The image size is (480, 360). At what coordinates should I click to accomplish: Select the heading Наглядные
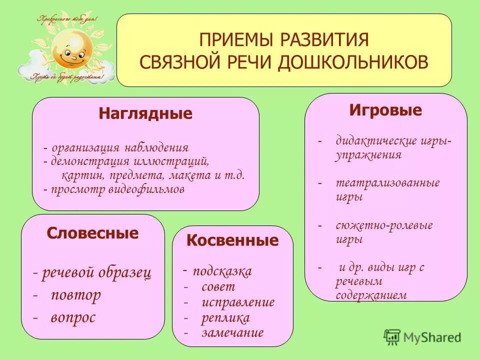[145, 114]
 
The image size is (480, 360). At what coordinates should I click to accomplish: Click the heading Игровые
[385, 110]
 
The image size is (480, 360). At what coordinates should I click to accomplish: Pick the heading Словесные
[92, 233]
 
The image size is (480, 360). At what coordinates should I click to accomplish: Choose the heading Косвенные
[232, 240]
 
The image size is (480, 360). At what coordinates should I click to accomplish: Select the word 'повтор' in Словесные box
[75, 295]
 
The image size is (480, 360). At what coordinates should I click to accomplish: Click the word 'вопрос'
[73, 317]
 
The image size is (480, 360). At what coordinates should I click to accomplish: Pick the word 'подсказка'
[222, 271]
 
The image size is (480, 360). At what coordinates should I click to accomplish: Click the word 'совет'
[218, 287]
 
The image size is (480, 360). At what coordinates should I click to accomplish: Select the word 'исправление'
[238, 302]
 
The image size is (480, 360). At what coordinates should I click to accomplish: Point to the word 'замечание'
[232, 332]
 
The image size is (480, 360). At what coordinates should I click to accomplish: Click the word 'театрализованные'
[387, 183]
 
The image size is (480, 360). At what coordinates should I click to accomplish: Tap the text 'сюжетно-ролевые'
[384, 225]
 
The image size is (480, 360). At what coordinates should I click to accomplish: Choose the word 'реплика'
[225, 318]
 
